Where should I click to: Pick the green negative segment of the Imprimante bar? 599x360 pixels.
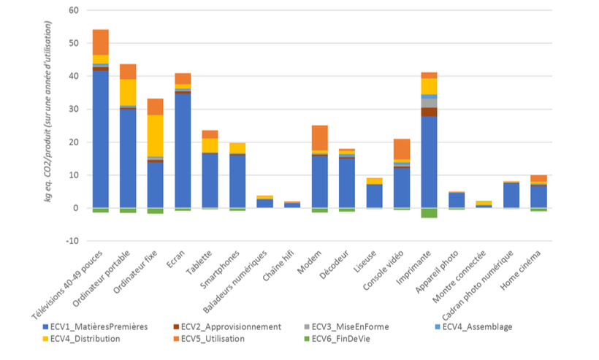coord(429,212)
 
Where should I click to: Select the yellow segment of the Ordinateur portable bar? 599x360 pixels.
coord(128,92)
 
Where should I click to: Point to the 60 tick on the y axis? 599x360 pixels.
coord(74,10)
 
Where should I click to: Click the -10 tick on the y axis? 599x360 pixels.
coord(72,241)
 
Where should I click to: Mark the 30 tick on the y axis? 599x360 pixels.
coord(74,110)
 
